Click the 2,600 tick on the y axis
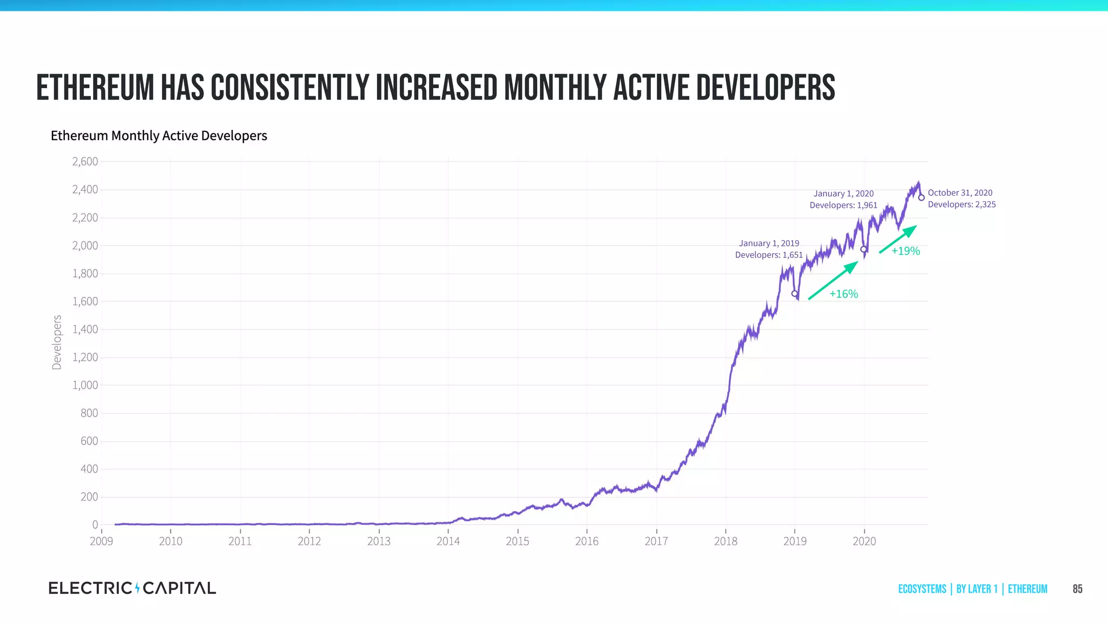pos(85,162)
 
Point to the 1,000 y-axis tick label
pos(85,385)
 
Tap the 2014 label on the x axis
pos(448,541)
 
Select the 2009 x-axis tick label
pos(101,541)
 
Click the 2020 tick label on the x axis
pos(864,541)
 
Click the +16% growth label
pos(843,294)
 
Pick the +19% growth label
pos(906,251)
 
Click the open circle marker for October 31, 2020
pos(921,197)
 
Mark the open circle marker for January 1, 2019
pos(794,294)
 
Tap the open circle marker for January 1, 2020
pos(863,249)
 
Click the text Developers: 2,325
pos(961,204)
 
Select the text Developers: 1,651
pos(769,255)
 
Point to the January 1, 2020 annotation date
pos(843,194)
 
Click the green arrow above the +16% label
pos(833,280)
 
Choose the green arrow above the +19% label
pos(898,239)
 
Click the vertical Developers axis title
pos(57,342)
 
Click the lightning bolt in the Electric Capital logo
pos(137,588)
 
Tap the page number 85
pos(1077,589)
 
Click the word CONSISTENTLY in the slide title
pos(289,88)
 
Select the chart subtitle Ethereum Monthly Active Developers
pos(159,135)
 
